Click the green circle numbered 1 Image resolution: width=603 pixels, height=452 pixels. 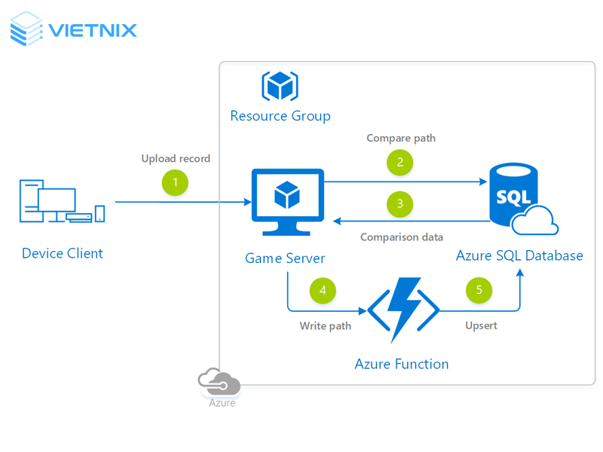coord(175,183)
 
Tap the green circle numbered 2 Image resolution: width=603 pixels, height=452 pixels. coord(400,162)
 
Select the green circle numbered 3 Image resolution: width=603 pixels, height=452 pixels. coord(400,203)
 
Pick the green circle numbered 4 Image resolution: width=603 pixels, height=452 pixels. coord(323,292)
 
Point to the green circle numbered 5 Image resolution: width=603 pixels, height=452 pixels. coord(479,292)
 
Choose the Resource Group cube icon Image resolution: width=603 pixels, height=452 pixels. coord(280,86)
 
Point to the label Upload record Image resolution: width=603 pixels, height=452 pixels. coord(176,159)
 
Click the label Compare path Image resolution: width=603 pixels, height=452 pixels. coord(401,139)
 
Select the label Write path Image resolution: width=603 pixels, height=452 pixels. coord(326,326)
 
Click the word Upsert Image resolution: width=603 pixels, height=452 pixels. coord(481,326)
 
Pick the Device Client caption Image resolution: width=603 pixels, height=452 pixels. coord(63,253)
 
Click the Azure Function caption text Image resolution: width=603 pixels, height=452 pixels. coord(402,365)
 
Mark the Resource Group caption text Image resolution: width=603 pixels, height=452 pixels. coord(280,116)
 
